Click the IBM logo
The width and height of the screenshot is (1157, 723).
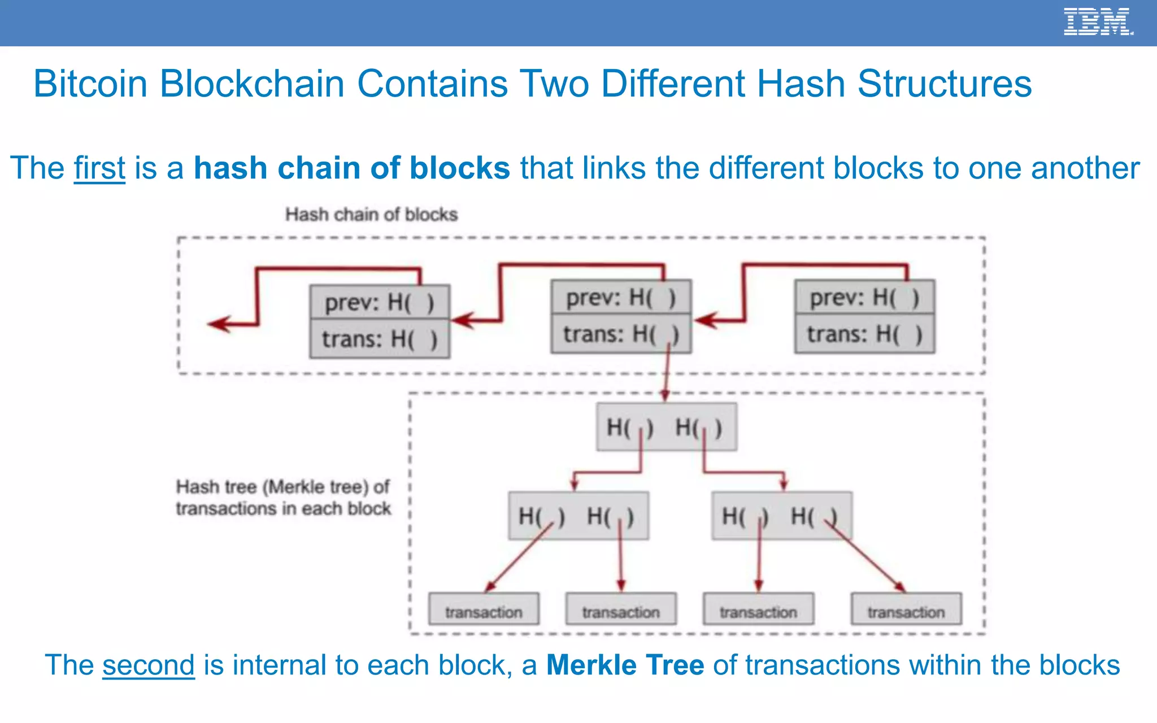click(1098, 22)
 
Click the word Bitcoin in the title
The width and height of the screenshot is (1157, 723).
click(90, 84)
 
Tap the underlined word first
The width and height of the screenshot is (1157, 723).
click(99, 168)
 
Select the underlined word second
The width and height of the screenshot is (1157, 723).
click(148, 665)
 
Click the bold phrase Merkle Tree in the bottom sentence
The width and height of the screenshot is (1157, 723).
click(625, 665)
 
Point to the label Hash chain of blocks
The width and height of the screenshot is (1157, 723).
click(371, 215)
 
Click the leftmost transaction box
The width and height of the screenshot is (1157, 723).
click(484, 609)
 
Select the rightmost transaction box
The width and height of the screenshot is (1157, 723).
click(906, 609)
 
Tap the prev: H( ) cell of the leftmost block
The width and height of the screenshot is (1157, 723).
click(380, 302)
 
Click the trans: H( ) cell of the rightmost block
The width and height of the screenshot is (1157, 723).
click(864, 334)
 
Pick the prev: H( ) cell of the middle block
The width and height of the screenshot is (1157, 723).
click(621, 297)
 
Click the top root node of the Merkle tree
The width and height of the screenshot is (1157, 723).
click(667, 427)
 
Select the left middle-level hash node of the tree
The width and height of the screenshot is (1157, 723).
click(578, 516)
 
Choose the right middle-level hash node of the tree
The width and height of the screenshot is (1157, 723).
click(782, 516)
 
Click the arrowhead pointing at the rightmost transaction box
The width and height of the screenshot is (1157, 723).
click(900, 587)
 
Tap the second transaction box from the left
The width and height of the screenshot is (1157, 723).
click(621, 609)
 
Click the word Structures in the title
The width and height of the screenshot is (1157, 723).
click(945, 84)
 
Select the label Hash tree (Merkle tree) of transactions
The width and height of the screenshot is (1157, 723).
click(283, 498)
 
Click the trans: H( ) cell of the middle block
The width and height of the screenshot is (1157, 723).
click(621, 334)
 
